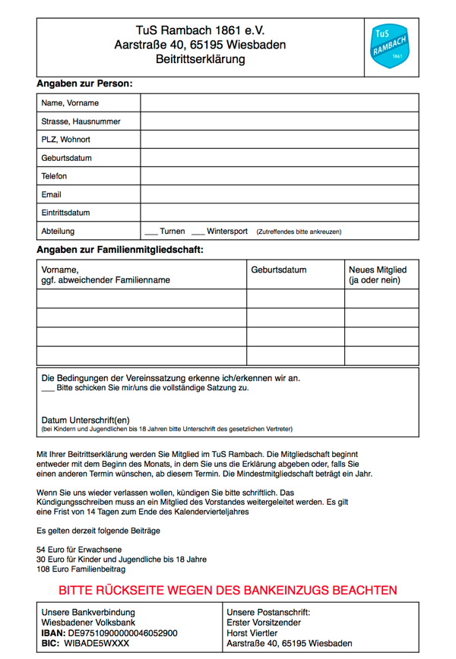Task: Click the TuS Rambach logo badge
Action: click(x=391, y=46)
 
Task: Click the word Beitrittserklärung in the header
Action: click(x=200, y=58)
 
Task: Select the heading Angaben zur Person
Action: click(x=84, y=83)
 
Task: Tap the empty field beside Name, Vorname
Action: click(x=279, y=102)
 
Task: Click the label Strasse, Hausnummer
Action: click(x=81, y=121)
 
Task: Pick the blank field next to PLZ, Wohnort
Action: click(x=279, y=140)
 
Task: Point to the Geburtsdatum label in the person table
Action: click(x=67, y=158)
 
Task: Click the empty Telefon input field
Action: click(x=279, y=176)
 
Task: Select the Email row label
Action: click(x=52, y=194)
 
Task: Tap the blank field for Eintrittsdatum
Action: click(x=279, y=213)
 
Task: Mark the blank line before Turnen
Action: click(x=150, y=232)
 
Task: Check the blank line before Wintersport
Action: click(x=198, y=232)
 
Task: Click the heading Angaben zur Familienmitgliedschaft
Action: click(x=120, y=249)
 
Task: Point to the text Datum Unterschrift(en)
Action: click(x=85, y=419)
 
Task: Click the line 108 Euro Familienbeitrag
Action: click(x=81, y=569)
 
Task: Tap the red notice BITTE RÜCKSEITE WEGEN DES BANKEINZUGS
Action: click(x=228, y=590)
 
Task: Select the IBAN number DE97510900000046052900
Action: click(x=123, y=632)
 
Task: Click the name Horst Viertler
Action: click(x=252, y=632)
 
